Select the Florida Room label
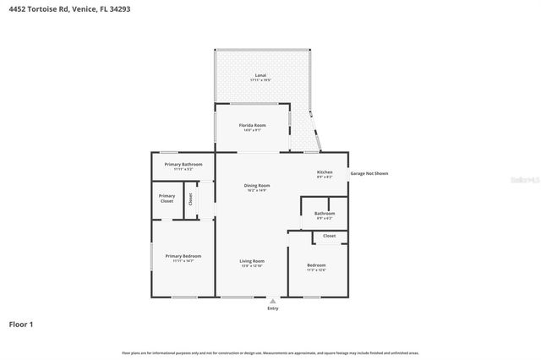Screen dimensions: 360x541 click(x=254, y=125)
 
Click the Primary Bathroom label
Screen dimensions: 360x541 click(x=183, y=164)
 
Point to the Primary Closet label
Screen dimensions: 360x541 click(x=167, y=198)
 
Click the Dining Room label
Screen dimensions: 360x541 click(x=257, y=185)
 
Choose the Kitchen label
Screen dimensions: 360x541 click(x=325, y=172)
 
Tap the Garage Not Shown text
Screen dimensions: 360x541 click(x=369, y=173)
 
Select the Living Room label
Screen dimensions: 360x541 click(x=252, y=261)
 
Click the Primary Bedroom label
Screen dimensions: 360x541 click(x=183, y=256)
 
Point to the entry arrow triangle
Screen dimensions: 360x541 click(x=272, y=300)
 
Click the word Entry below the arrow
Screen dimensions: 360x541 click(x=272, y=308)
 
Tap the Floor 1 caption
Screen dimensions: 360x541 click(x=21, y=324)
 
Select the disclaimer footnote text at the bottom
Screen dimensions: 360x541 click(x=270, y=352)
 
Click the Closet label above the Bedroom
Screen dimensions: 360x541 click(x=329, y=236)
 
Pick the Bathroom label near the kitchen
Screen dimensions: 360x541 click(x=325, y=213)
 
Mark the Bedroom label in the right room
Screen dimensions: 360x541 click(x=316, y=265)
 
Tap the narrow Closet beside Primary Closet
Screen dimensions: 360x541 click(x=191, y=199)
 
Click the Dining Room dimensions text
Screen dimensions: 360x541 click(x=257, y=190)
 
